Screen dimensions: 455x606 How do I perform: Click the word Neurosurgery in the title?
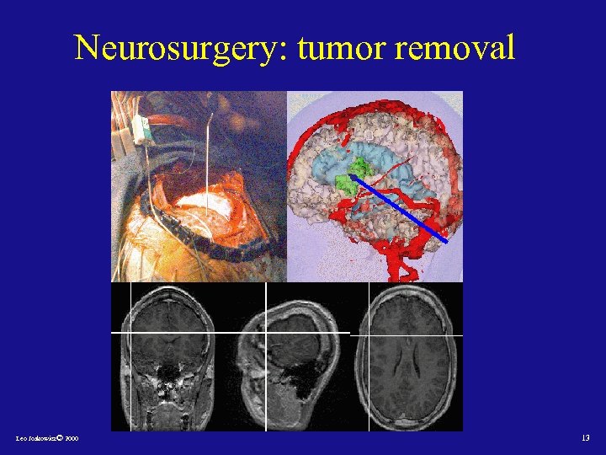[x=179, y=48]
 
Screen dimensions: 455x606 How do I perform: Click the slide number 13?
[x=585, y=438]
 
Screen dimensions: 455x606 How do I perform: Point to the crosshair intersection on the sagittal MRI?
[x=266, y=333]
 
